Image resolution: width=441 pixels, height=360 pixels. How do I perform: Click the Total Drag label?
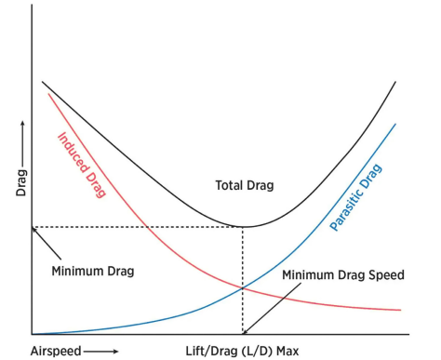(245, 184)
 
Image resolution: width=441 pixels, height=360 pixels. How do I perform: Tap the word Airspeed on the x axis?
(55, 351)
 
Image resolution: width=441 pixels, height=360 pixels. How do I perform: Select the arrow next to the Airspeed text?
(102, 351)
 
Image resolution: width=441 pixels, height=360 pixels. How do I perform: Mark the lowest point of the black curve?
(243, 226)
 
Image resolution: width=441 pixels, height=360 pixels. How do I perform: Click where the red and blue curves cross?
(243, 288)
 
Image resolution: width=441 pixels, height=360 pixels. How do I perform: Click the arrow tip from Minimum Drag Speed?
(245, 332)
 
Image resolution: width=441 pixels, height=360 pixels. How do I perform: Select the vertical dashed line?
(243, 279)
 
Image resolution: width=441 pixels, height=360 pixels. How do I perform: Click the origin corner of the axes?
(32, 334)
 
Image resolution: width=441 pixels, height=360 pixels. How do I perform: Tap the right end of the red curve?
(400, 310)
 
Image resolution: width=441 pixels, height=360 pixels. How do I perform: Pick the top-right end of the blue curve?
(397, 124)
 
